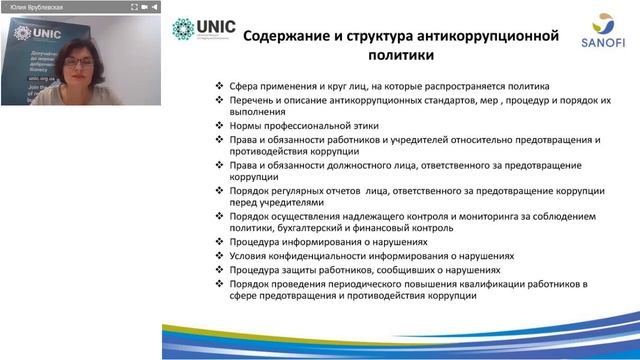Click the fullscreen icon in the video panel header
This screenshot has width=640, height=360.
coord(133,6)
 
